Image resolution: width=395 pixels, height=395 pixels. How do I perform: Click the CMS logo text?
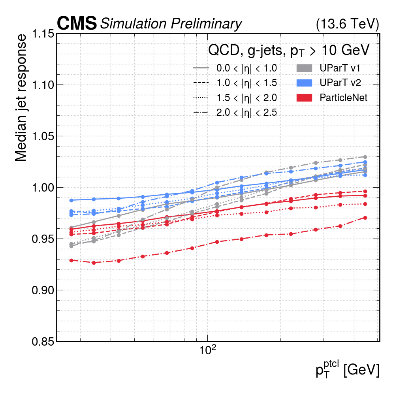tap(77, 24)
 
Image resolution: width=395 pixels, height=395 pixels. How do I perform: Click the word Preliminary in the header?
tap(206, 24)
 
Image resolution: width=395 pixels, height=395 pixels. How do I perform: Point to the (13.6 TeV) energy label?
tap(348, 24)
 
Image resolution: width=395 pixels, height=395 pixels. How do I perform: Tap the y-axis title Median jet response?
tap(22, 98)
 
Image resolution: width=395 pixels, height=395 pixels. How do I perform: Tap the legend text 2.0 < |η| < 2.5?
tap(246, 113)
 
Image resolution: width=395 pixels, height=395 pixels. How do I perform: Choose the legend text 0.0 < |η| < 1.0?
tap(246, 68)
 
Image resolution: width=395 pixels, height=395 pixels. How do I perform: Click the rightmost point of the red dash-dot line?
tap(365, 218)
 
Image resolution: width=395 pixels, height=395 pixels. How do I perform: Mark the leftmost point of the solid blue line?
tap(71, 200)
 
